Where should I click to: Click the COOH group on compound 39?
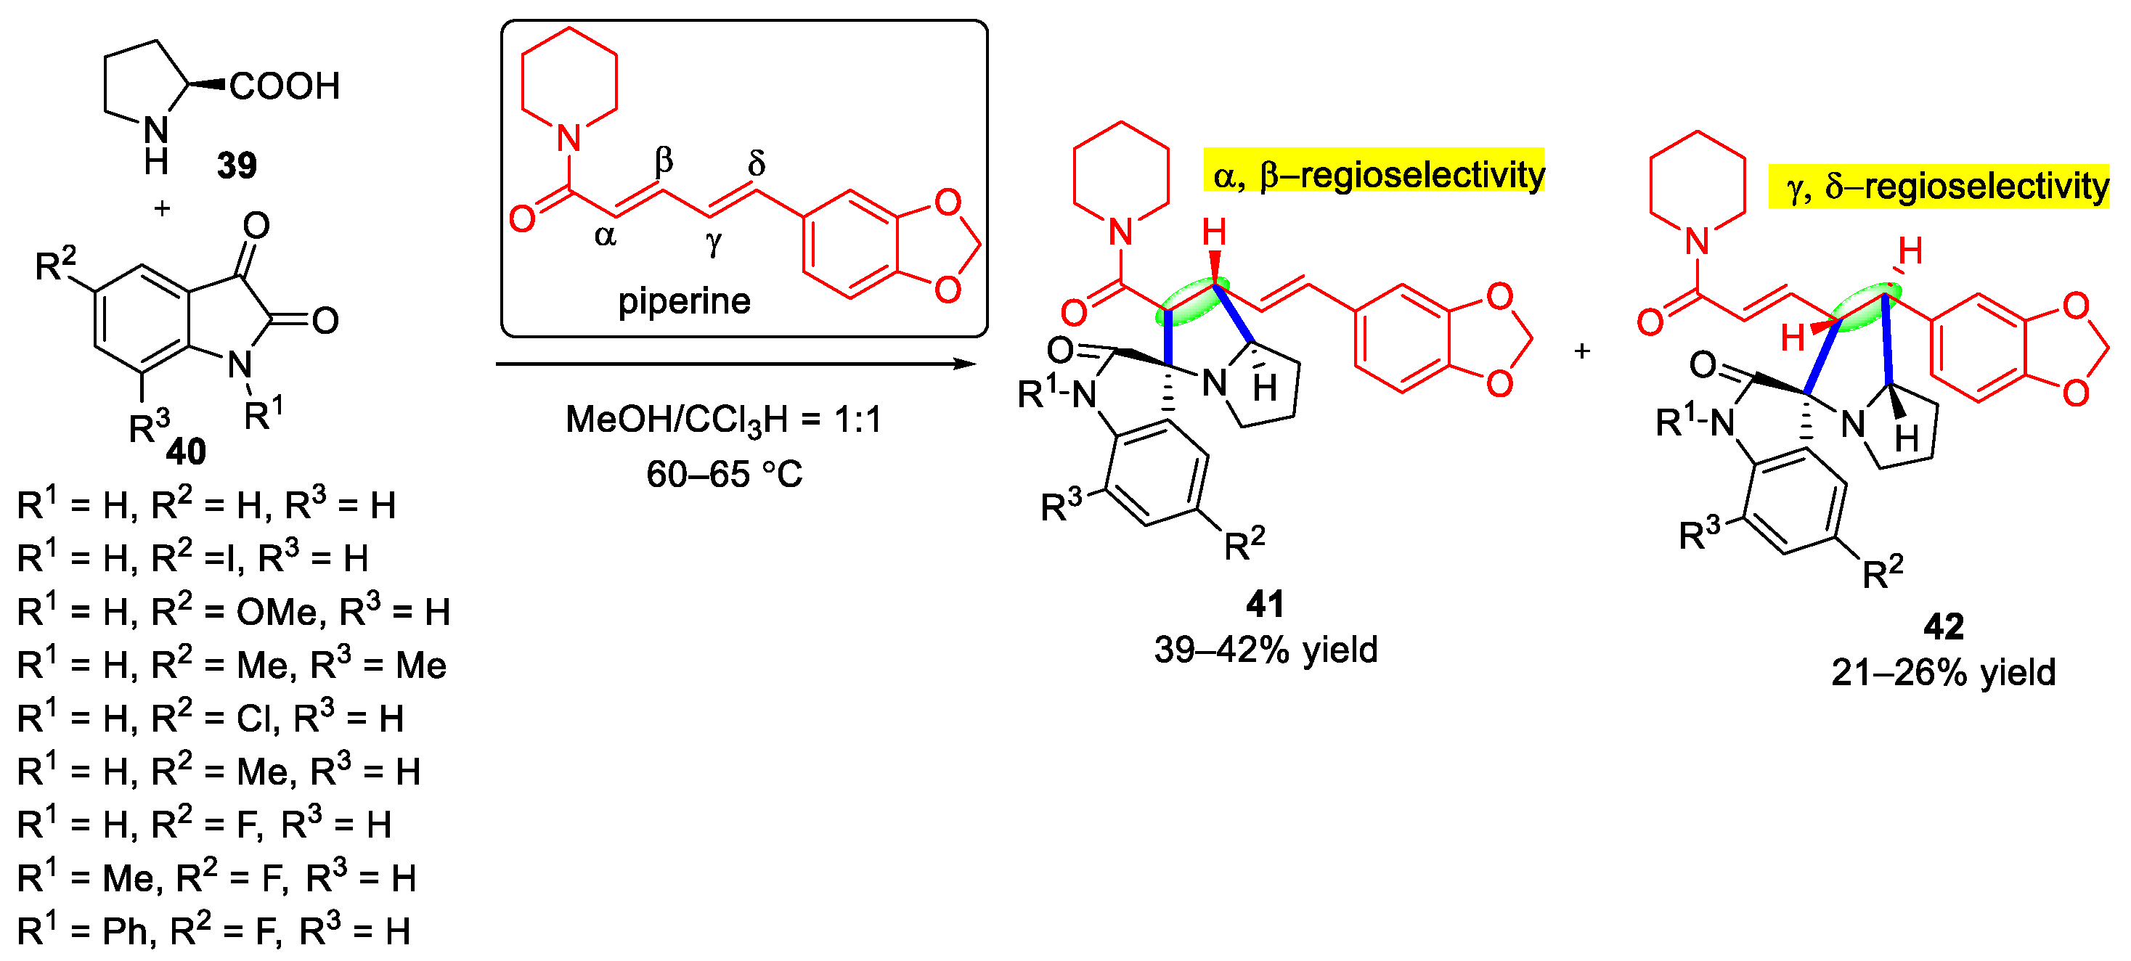coord(284,86)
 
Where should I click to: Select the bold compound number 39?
coord(237,165)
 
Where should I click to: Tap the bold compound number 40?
coord(186,451)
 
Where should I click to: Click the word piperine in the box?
coord(684,301)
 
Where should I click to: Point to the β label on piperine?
coord(664,160)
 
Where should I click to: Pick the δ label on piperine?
coord(756,163)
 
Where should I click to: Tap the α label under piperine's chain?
coord(606,237)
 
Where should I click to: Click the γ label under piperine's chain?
coord(713,242)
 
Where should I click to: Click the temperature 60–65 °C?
coord(724,475)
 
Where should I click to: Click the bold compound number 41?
coord(1265,605)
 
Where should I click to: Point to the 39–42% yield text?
coord(1266,650)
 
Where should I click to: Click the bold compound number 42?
coord(1943,627)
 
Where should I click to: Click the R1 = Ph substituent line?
coord(213,932)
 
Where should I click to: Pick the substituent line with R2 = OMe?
coord(233,613)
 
